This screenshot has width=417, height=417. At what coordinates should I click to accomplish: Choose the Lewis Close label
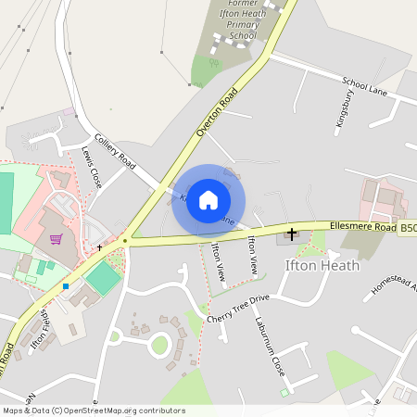(x=91, y=161)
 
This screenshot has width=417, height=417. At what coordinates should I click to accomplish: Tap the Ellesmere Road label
(x=363, y=227)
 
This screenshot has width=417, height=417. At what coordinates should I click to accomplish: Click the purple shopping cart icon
(x=56, y=239)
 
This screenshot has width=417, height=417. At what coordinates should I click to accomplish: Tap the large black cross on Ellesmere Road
(x=292, y=234)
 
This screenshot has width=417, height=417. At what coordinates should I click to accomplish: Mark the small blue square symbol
(x=66, y=286)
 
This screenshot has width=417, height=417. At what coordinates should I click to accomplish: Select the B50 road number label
(x=408, y=226)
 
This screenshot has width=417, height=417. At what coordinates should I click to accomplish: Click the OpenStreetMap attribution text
(x=93, y=411)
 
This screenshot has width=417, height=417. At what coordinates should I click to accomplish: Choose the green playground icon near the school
(x=214, y=63)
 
